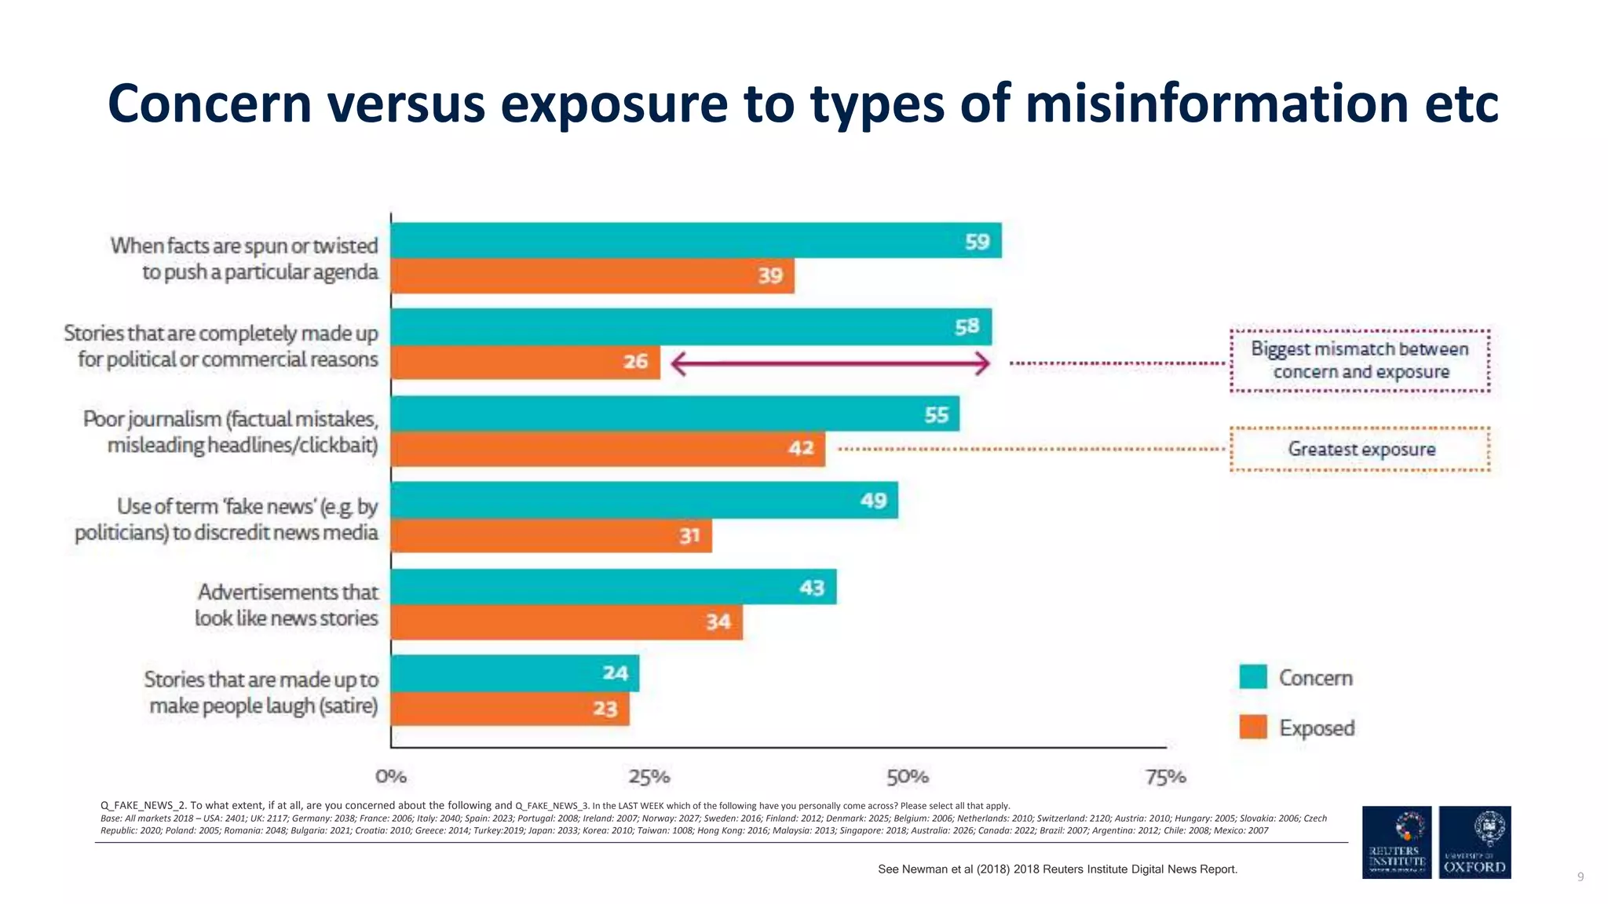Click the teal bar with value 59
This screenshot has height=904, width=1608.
pos(696,240)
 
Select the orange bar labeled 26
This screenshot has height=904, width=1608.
pos(525,362)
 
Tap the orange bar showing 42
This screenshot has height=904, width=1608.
pos(608,449)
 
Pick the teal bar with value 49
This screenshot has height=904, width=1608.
pos(644,500)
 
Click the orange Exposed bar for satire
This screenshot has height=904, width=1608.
pos(510,709)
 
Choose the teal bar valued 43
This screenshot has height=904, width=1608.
pos(613,587)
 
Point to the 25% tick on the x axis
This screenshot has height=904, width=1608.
pos(649,777)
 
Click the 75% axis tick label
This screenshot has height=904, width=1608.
pos(1165,777)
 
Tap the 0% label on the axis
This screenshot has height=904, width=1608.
pos(391,777)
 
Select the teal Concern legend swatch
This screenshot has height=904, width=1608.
pos(1253,677)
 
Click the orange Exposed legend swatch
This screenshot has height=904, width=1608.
pos(1253,727)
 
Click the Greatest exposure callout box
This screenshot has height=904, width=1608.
pos(1360,450)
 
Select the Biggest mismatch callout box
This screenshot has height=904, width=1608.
pos(1360,361)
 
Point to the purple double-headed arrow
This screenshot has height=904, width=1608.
pos(830,363)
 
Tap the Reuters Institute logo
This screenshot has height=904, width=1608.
pos(1396,842)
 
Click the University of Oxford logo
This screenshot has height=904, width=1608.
pos(1475,842)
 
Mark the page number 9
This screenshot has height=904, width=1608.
pos(1581,877)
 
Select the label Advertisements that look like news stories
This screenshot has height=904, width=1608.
pos(287,605)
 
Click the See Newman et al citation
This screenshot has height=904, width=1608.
pos(1057,869)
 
